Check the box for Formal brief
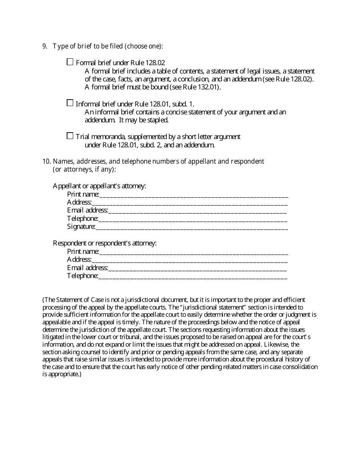pyautogui.click(x=70, y=62)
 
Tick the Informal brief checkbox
pyautogui.click(x=70, y=103)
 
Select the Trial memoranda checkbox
pyautogui.click(x=70, y=136)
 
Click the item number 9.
pyautogui.click(x=45, y=46)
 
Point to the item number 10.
pyautogui.click(x=46, y=161)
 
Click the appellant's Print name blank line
pyautogui.click(x=193, y=195)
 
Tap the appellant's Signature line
pyautogui.click(x=191, y=228)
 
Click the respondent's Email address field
pyautogui.click(x=197, y=269)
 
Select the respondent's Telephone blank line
pyautogui.click(x=193, y=277)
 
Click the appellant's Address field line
pyautogui.click(x=189, y=203)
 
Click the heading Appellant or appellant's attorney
pyautogui.click(x=99, y=186)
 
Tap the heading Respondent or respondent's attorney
pyautogui.click(x=105, y=243)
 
